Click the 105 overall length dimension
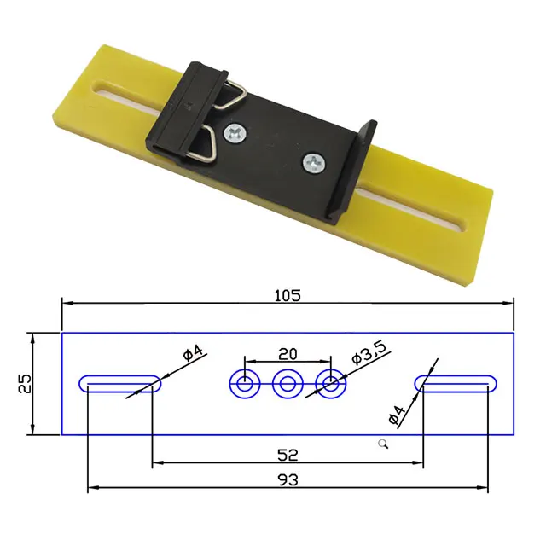pos(288,295)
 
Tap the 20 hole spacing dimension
pos(287,353)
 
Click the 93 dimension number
pos(288,480)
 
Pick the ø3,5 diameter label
pos(369,352)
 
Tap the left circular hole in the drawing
pos(245,384)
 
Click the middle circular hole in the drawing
pos(288,384)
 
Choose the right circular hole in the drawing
pos(330,384)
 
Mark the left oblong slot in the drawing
pos(119,384)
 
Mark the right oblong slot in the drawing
pos(456,384)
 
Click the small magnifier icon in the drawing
pos(384,443)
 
